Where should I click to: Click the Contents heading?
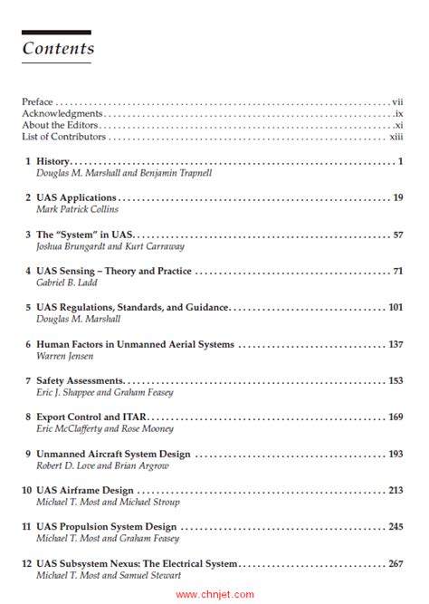[58, 48]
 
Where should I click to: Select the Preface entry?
[38, 102]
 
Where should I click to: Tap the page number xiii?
[396, 137]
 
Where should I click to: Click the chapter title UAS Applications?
[77, 197]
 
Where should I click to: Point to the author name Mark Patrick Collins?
[77, 209]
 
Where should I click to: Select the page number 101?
[395, 308]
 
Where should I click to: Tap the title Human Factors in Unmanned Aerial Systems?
[136, 344]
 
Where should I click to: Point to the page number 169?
[395, 417]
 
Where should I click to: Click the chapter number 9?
[28, 454]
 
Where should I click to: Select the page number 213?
[395, 490]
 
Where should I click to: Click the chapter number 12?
[27, 563]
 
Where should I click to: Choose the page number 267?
[395, 563]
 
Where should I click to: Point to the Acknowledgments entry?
[62, 114]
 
